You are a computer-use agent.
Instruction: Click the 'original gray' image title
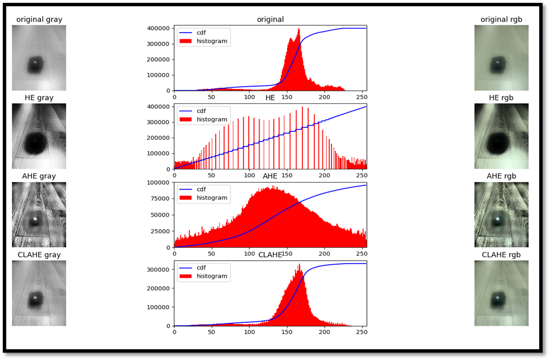pyautogui.click(x=39, y=19)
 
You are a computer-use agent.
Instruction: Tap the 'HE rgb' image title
pyautogui.click(x=502, y=98)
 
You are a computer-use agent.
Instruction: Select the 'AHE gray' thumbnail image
pyautogui.click(x=39, y=215)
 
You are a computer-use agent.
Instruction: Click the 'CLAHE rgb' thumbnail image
pyautogui.click(x=502, y=293)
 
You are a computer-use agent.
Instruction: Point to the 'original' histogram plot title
pyautogui.click(x=270, y=19)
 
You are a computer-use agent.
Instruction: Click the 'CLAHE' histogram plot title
pyautogui.click(x=270, y=255)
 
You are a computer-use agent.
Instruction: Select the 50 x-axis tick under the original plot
pyautogui.click(x=212, y=96)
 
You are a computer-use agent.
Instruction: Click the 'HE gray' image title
pyautogui.click(x=39, y=98)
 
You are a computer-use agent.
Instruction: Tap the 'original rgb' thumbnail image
pyautogui.click(x=502, y=58)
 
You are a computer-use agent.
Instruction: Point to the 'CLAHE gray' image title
pyautogui.click(x=39, y=254)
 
